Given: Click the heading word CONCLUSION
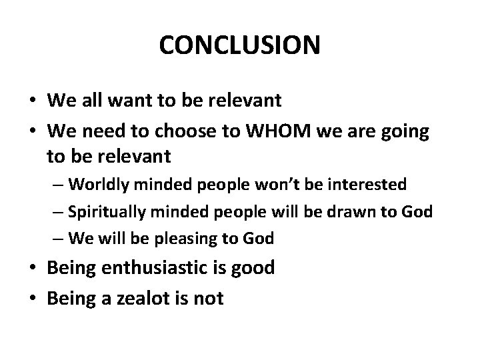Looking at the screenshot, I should pos(240,46).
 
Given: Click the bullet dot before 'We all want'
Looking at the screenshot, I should pos(32,101).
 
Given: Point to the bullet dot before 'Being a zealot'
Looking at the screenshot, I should pos(32,298).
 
